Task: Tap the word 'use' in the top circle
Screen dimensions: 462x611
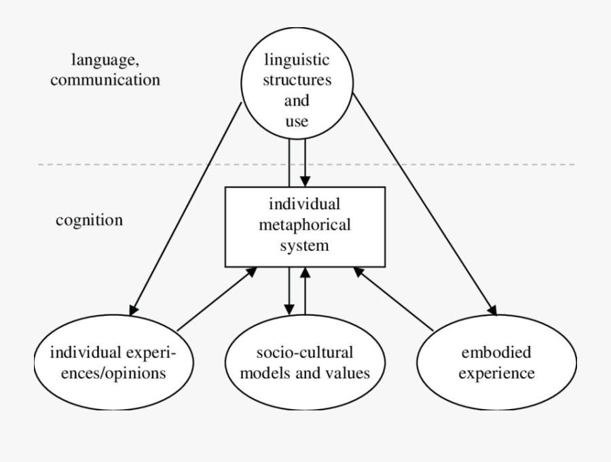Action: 297,122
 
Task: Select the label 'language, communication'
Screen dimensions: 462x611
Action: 116,71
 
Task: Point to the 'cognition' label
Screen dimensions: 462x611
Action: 89,221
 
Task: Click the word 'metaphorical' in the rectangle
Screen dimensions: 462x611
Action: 304,224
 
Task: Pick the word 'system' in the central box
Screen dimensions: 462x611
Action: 304,245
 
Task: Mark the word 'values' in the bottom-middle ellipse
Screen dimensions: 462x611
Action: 350,373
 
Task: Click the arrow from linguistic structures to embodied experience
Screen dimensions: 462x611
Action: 424,204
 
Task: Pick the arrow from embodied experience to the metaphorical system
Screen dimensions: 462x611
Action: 394,299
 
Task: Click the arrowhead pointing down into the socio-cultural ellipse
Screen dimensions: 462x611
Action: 290,309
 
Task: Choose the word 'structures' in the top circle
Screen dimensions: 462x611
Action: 297,80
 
